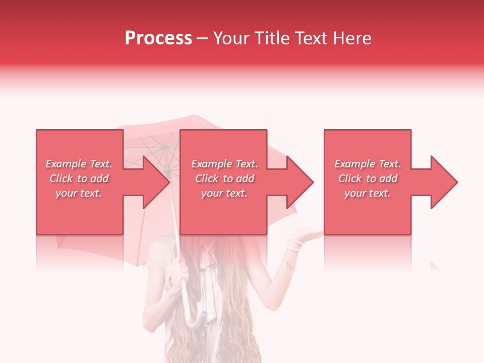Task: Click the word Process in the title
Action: [158, 38]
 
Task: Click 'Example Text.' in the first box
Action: [79, 164]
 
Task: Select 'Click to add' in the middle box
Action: [224, 178]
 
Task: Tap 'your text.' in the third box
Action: [368, 193]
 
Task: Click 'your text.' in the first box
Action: [79, 193]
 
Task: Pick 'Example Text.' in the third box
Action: [368, 164]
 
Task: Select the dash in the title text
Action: [203, 39]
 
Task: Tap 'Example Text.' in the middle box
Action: [224, 164]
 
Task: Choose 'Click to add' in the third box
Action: [368, 178]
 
